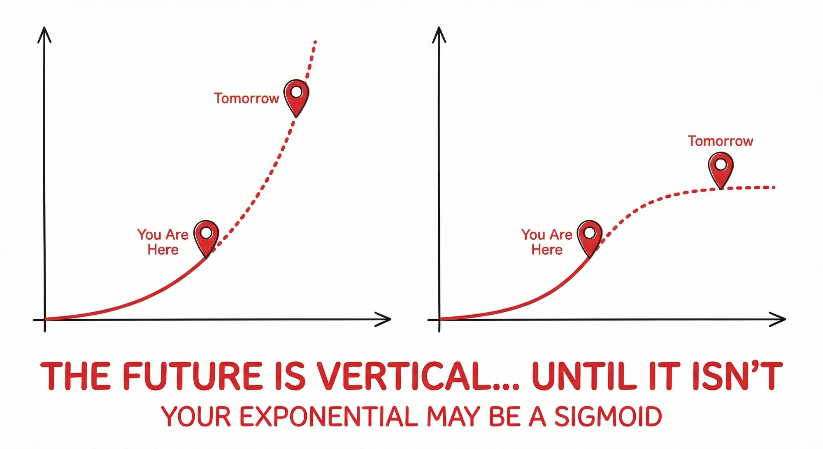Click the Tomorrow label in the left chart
(246, 98)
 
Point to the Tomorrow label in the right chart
(721, 141)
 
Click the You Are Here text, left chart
(163, 242)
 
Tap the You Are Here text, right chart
(547, 242)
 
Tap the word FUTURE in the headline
(193, 376)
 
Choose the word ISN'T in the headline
(737, 376)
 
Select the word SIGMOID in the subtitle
(608, 416)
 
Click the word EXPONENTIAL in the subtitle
(329, 416)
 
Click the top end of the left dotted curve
(315, 42)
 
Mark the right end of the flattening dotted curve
(774, 187)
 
